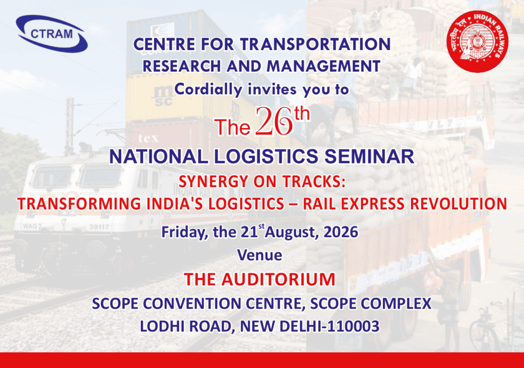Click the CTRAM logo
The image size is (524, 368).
coord(52,33)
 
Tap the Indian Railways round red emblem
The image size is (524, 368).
coord(477,42)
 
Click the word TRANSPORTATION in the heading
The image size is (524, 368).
coord(315,44)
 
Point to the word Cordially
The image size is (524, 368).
coord(208,89)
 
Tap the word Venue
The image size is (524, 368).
coord(259,255)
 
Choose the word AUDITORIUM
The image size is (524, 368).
coord(278,279)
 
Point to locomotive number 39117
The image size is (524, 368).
coord(99,227)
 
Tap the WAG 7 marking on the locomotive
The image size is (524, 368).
coord(32,227)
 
